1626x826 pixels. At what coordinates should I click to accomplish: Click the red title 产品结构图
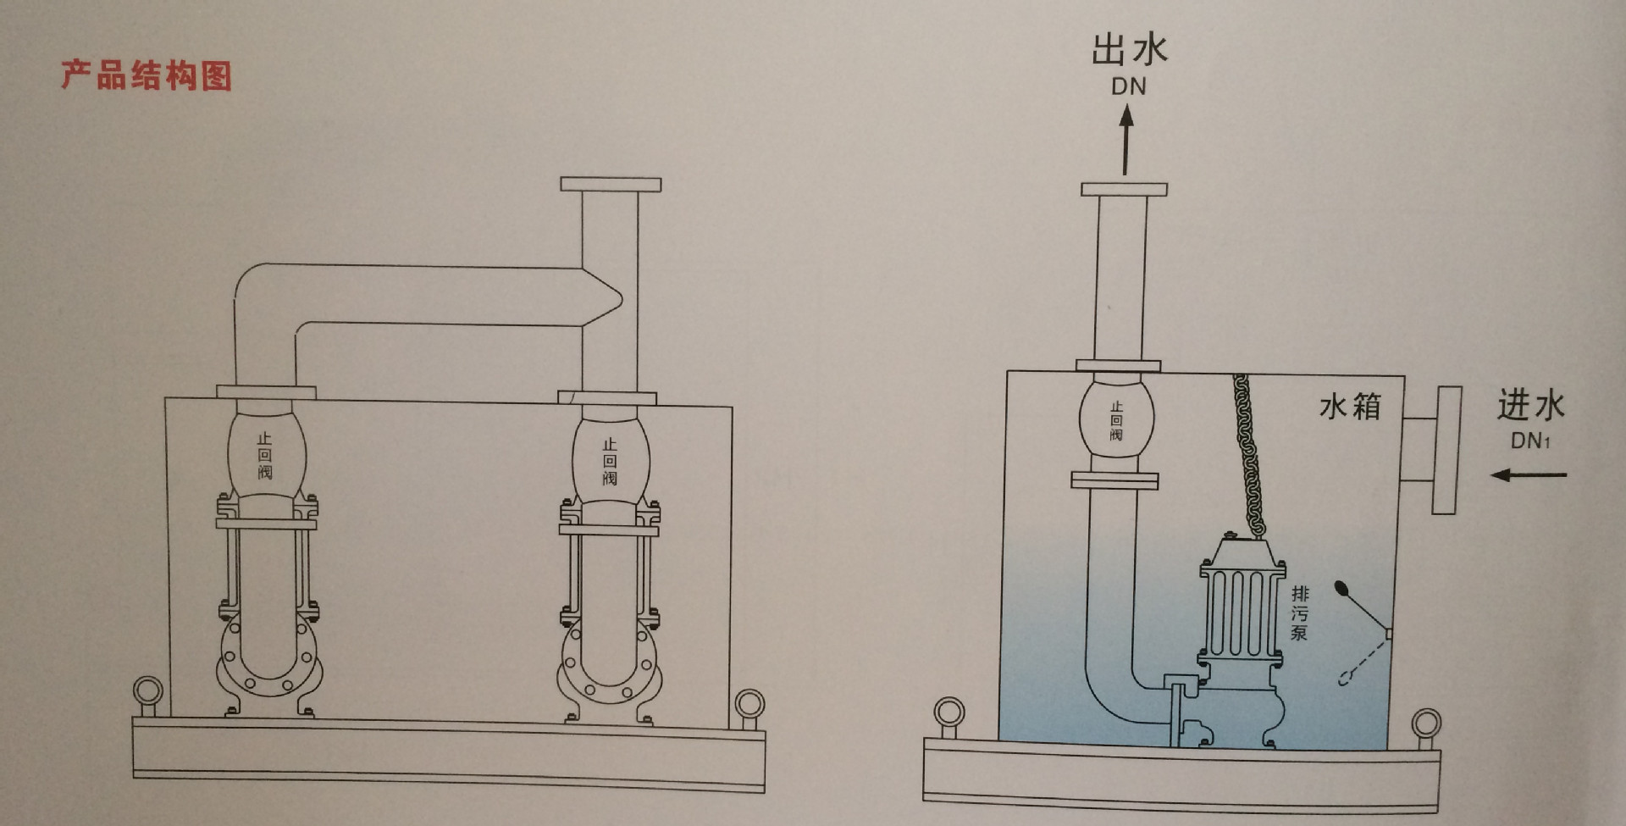click(x=146, y=75)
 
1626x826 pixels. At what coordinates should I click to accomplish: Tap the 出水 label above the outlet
click(x=1129, y=50)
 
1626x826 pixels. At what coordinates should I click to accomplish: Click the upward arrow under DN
click(x=1126, y=141)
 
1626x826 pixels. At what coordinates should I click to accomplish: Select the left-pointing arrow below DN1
click(x=1529, y=474)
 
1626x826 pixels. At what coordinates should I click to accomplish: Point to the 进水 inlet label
click(x=1530, y=405)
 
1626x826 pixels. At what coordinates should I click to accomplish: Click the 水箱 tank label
click(x=1350, y=407)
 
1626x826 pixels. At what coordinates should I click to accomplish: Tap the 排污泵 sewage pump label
click(x=1299, y=613)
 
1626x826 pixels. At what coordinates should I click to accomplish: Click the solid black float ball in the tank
click(x=1342, y=586)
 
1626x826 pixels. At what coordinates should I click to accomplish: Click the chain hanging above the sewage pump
click(x=1247, y=453)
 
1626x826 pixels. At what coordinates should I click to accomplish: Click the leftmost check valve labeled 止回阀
click(x=265, y=453)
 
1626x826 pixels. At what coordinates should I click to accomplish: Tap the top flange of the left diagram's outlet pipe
click(x=611, y=185)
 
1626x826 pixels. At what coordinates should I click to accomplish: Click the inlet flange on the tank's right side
click(x=1446, y=450)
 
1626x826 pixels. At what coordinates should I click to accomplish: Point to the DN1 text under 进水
click(x=1530, y=441)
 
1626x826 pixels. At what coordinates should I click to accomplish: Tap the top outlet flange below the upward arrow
click(x=1124, y=190)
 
